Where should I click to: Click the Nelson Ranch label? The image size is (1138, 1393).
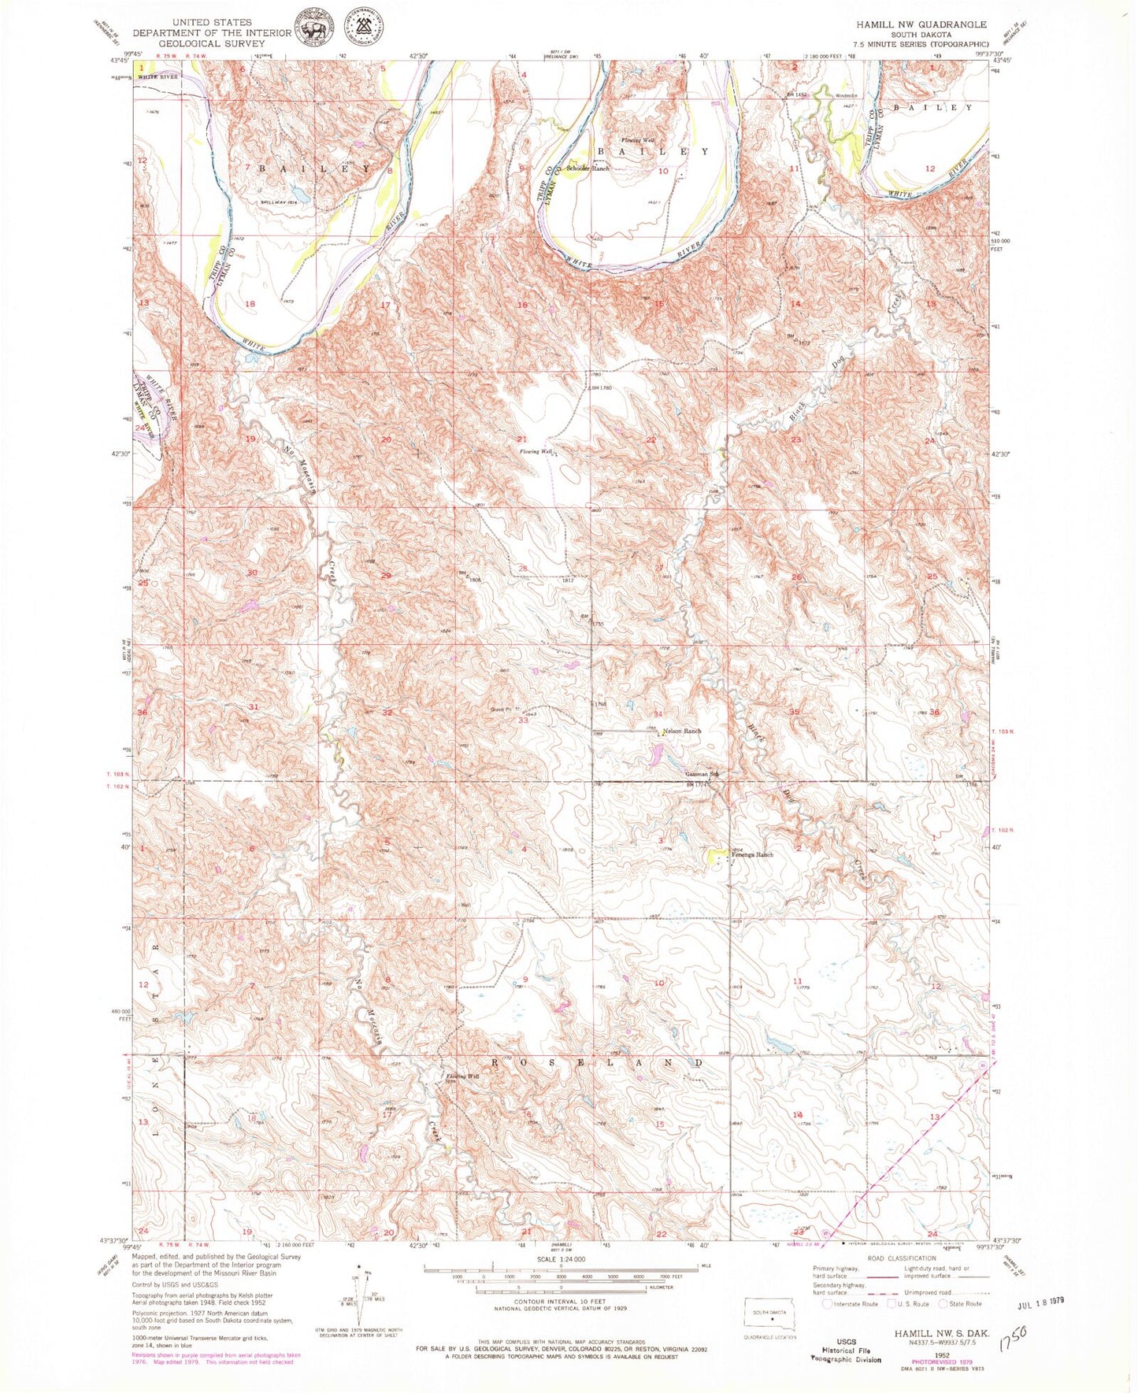[682, 731]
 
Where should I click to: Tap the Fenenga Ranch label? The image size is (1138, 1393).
[754, 854]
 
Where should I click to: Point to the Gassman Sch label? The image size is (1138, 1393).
[702, 772]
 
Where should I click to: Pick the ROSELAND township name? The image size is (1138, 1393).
[596, 1062]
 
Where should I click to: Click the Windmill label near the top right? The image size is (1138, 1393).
[846, 97]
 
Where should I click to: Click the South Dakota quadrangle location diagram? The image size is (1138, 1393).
[770, 1313]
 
